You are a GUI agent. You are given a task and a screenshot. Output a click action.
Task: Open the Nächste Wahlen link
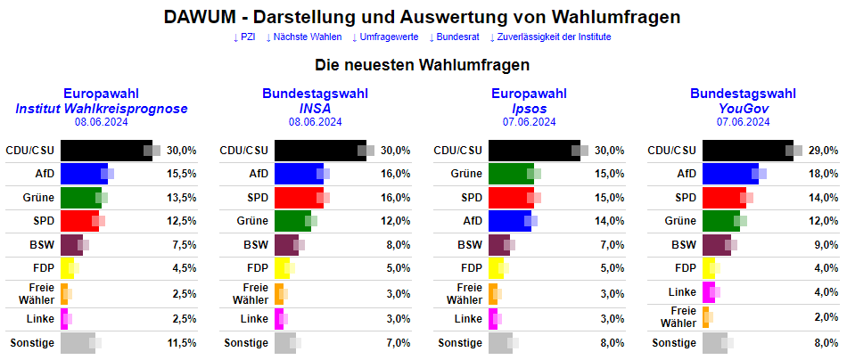click(x=307, y=37)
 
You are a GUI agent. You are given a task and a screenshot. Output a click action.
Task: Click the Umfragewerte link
click(x=389, y=37)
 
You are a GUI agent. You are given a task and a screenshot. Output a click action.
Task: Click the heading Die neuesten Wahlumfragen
click(x=423, y=65)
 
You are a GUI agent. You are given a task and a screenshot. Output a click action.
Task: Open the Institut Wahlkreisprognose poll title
click(x=102, y=108)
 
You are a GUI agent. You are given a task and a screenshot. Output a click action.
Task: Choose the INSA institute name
click(x=316, y=108)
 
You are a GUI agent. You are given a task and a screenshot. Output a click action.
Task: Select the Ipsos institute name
click(x=530, y=108)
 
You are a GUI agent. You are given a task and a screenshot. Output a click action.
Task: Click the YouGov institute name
click(x=744, y=108)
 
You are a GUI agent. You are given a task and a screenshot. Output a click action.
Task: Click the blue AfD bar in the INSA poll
click(x=298, y=174)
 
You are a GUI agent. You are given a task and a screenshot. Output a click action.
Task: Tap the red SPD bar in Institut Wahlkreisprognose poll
click(x=78, y=221)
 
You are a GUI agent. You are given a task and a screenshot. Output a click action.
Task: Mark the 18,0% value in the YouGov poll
click(x=823, y=174)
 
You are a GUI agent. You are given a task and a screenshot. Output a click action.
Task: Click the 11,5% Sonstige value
click(x=181, y=342)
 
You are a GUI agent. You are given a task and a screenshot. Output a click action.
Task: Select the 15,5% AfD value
click(x=181, y=174)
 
